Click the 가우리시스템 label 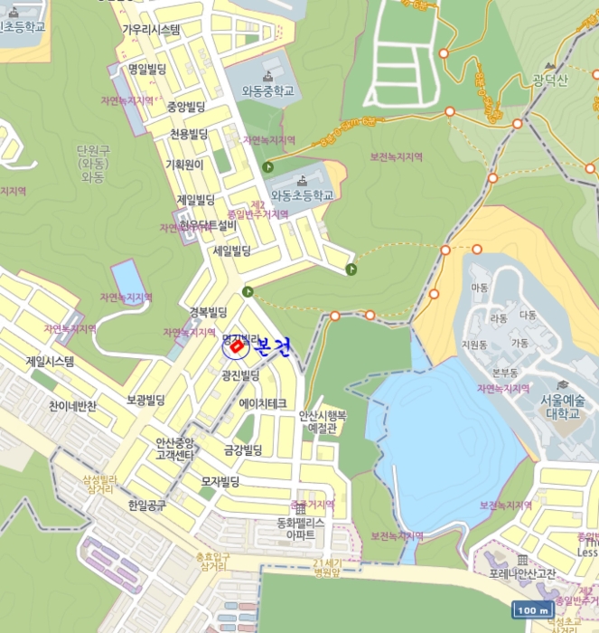[151, 30]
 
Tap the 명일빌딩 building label [146, 69]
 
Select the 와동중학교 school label [268, 90]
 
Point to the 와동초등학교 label [302, 194]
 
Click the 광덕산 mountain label [549, 81]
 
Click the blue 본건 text [272, 347]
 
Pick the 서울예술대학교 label [563, 407]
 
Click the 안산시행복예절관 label [323, 422]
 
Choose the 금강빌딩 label [243, 449]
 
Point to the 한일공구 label [147, 505]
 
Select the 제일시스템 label [51, 362]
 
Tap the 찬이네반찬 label [73, 406]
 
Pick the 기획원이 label [184, 165]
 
